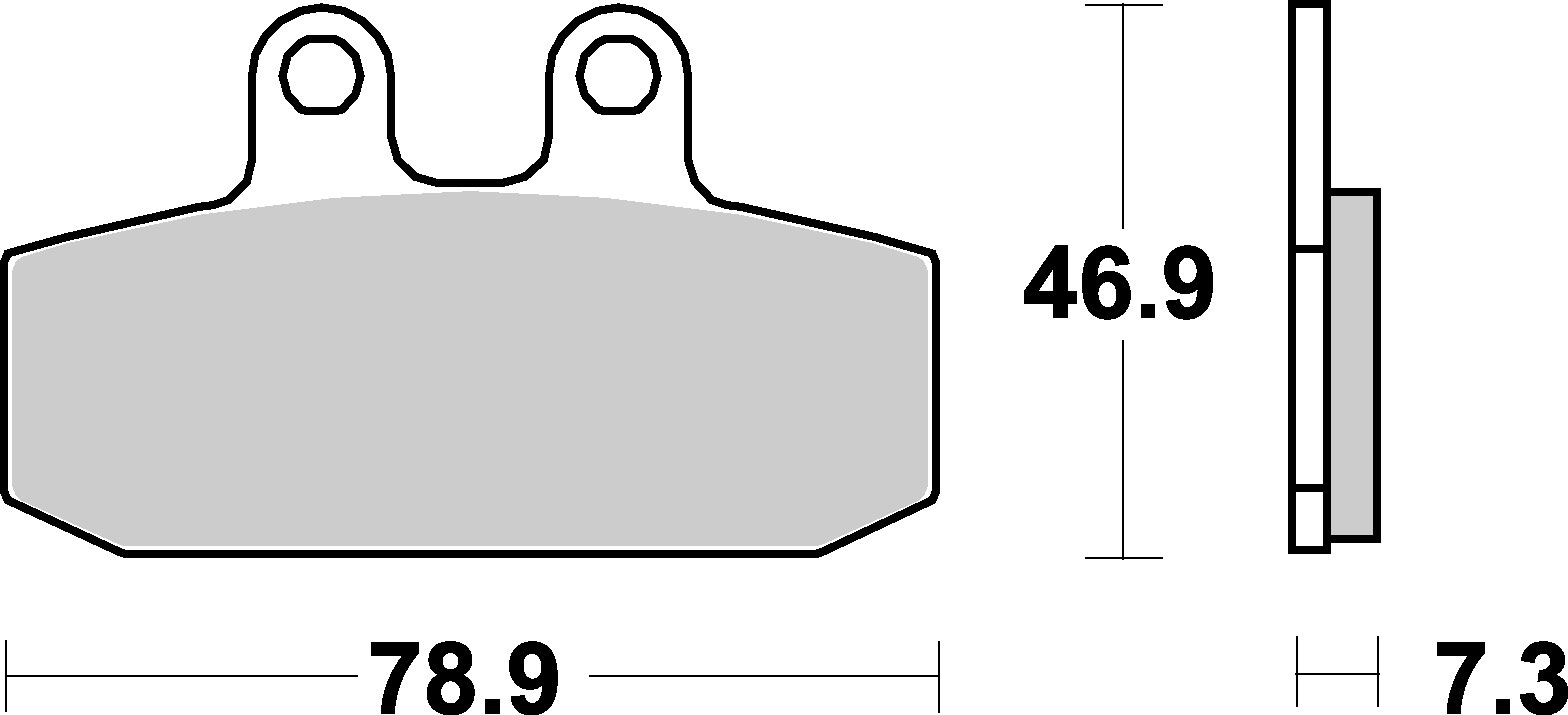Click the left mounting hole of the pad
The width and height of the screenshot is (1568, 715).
tap(321, 75)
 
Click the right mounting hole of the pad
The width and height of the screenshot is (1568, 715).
tap(618, 75)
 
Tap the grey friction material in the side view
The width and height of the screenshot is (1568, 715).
tap(1354, 365)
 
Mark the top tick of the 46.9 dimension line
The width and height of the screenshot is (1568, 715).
tap(1123, 5)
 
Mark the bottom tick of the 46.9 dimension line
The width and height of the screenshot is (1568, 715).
tap(1123, 557)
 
